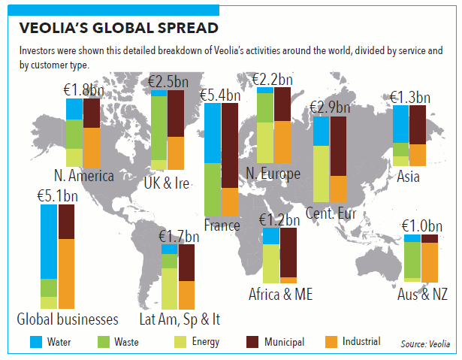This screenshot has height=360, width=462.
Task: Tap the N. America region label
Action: (x=83, y=177)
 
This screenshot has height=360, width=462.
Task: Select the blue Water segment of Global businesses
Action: (x=49, y=241)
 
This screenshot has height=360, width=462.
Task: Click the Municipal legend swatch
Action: (x=255, y=343)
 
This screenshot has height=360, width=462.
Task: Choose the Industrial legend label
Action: (x=361, y=343)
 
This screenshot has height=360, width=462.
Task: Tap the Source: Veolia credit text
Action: (x=426, y=344)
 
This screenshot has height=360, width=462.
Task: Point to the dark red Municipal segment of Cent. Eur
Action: (x=339, y=146)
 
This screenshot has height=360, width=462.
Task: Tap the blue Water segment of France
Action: (x=213, y=133)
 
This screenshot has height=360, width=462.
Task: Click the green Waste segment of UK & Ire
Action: (x=159, y=127)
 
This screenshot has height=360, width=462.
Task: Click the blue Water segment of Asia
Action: (x=401, y=123)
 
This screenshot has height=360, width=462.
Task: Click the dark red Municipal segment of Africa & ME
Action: (x=288, y=253)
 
